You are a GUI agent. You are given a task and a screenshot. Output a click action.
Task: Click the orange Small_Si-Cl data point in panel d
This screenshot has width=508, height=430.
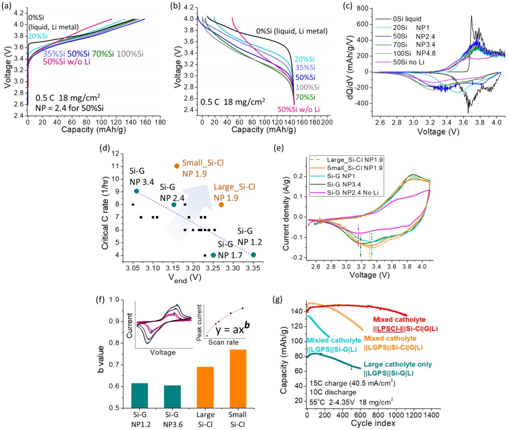pyautogui.click(x=176, y=166)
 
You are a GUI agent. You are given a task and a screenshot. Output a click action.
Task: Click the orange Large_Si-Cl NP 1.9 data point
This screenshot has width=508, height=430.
pyautogui.click(x=221, y=205)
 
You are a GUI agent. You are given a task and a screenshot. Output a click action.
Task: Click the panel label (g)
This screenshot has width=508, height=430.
pyautogui.click(x=278, y=300)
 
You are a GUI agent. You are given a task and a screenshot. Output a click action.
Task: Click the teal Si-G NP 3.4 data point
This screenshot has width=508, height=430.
pyautogui.click(x=136, y=191)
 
